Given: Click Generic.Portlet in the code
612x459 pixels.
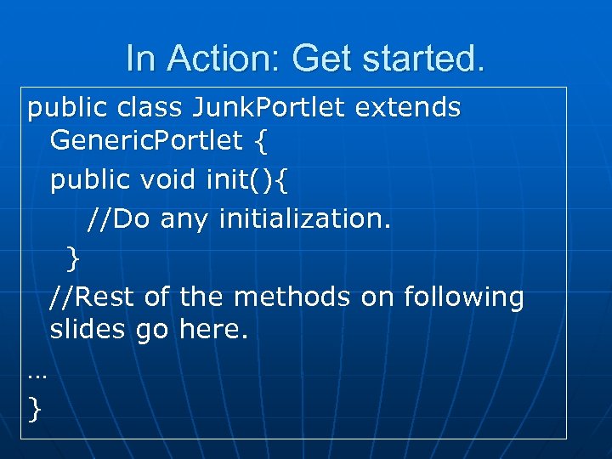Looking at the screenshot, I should point(146,140).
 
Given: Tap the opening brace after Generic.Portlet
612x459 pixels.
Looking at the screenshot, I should point(259,141).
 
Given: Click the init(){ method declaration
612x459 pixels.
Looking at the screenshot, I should point(250,179).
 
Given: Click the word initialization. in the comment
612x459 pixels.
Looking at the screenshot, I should point(305,219).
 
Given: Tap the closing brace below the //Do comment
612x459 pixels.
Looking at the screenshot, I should point(74,255).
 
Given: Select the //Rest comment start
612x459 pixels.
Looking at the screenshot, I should point(93,297).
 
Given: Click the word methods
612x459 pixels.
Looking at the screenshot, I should point(292,297).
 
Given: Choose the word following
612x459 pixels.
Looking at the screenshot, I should point(463,297).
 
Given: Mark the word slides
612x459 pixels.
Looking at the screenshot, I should point(88,329).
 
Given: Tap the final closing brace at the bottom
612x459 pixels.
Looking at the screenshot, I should point(34,410).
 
